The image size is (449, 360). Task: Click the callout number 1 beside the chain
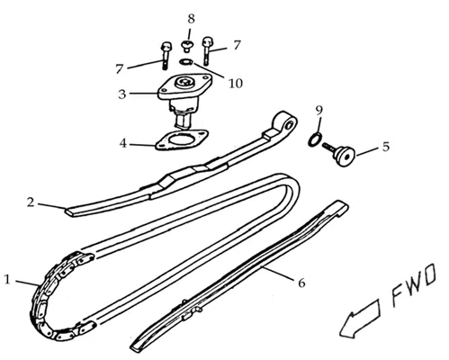[x=7, y=279]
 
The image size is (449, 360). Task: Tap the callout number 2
[x=31, y=202]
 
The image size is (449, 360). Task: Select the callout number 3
[x=122, y=94]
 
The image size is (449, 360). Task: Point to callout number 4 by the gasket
[x=123, y=143]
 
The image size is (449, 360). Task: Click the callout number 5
[x=386, y=147]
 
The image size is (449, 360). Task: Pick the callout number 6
[x=301, y=283]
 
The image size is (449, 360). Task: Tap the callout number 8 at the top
[x=191, y=19]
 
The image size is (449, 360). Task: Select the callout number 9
[x=319, y=110]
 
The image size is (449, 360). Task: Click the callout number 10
[x=236, y=84]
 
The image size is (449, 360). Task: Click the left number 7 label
[x=120, y=69]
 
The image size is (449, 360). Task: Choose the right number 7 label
[x=237, y=45]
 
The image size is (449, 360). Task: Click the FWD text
[x=414, y=285]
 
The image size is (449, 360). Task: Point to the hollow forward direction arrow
[x=360, y=319]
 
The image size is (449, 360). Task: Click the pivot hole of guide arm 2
[x=290, y=124]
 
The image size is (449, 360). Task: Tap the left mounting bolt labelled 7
[x=166, y=56]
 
